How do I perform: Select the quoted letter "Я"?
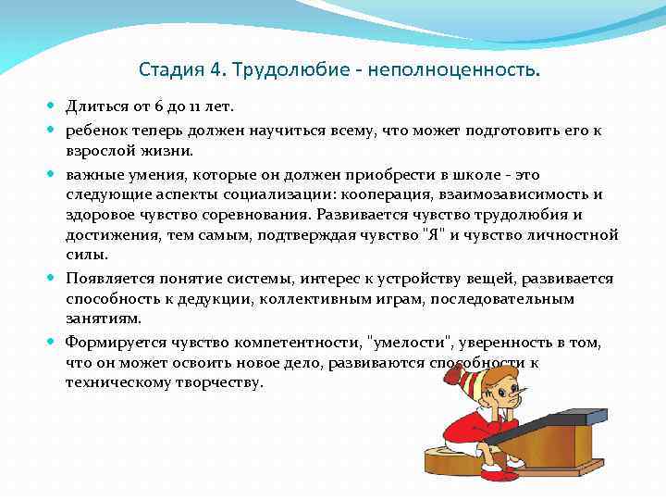tap(432, 235)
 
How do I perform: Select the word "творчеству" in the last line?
tap(221, 382)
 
